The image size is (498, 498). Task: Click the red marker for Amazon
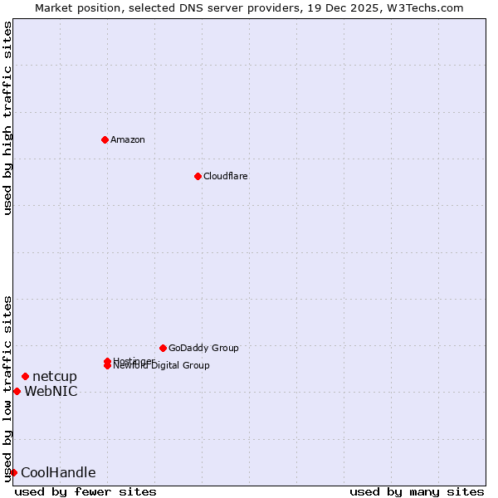[105, 139]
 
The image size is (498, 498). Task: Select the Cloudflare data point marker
[198, 176]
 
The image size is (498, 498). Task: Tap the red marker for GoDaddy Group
[163, 348]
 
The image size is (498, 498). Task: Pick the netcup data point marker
[25, 377]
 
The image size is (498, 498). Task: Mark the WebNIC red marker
[17, 391]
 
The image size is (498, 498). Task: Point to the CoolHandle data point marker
[13, 472]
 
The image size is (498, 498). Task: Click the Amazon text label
[128, 139]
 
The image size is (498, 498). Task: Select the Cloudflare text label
[226, 176]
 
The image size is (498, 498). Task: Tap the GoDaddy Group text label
[203, 348]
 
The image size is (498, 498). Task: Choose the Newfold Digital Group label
[163, 366]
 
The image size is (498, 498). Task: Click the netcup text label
[55, 377]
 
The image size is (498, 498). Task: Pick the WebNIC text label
[51, 392]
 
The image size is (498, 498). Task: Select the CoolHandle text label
[58, 473]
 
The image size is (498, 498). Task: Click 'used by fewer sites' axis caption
[85, 491]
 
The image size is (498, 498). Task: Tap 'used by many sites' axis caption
[417, 491]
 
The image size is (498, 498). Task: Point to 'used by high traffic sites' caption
[8, 118]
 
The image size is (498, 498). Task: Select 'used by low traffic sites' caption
[8, 388]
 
